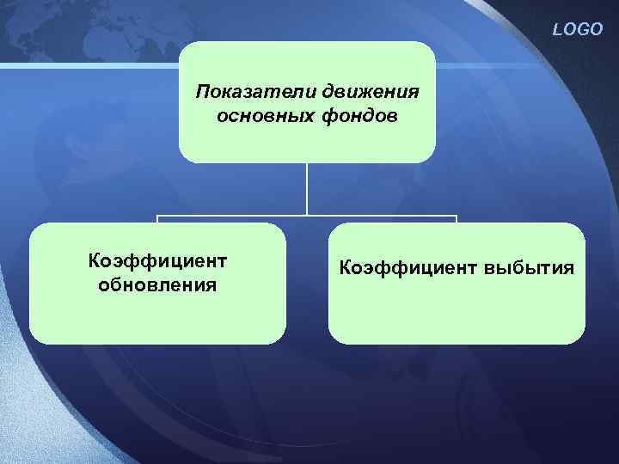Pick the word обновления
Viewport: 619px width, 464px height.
coord(157,284)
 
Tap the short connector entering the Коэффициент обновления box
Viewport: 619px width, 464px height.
coord(157,219)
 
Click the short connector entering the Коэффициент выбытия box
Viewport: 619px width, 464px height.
coord(457,219)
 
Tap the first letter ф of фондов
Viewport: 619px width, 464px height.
coord(330,115)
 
